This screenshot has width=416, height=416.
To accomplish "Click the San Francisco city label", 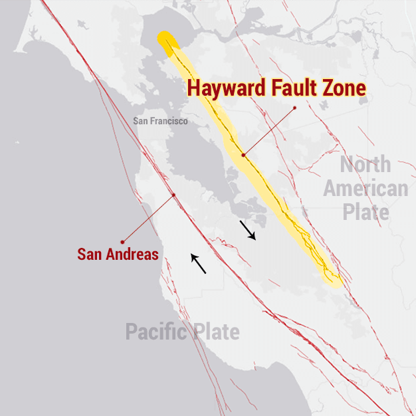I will tap(160, 121).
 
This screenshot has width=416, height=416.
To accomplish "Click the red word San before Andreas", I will tap(90, 254).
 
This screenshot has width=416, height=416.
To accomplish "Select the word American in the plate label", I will tap(365, 189).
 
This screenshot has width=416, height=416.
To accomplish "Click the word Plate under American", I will tap(365, 213).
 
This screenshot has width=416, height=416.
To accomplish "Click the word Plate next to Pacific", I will tap(217, 332).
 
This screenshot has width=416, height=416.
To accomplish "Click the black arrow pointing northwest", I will tap(198, 264).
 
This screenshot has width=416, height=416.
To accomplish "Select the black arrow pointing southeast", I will tap(248, 231).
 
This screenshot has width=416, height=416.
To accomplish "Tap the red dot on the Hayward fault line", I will tap(243, 155).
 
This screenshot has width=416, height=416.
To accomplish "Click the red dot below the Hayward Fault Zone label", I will tap(294, 107).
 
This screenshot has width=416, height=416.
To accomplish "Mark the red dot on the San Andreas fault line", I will tap(173, 195).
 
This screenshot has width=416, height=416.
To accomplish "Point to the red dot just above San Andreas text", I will tap(122, 241).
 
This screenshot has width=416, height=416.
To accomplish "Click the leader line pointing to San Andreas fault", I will tap(148, 218).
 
